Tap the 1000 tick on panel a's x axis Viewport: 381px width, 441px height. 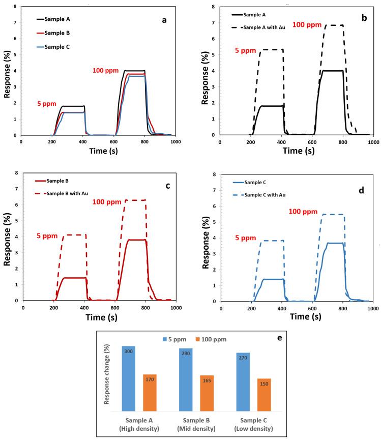click(x=176, y=141)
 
